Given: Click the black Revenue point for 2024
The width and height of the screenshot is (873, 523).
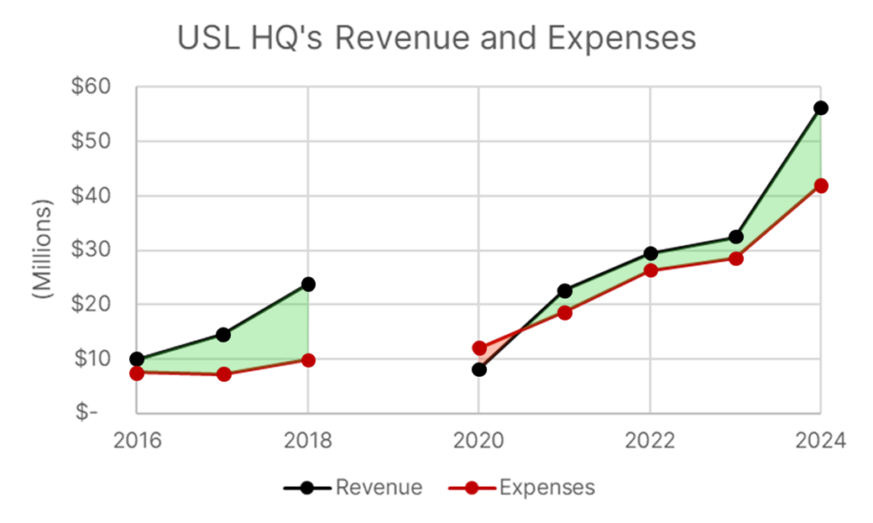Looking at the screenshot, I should point(820,108).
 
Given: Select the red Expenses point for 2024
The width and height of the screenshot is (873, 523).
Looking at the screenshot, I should point(820,186).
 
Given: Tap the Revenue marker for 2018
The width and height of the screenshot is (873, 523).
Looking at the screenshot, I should point(308,285).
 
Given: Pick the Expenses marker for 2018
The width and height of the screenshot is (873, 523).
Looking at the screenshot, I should point(308,360).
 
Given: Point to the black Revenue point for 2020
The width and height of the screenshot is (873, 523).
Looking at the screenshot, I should point(479,369).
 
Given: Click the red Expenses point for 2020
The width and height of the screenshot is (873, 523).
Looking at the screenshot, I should point(479,348).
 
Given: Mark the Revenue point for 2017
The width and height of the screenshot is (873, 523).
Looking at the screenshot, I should point(223,334).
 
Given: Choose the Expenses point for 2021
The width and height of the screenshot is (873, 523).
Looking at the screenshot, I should point(565,312).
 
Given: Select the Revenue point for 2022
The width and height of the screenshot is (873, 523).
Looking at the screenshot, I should point(651,254).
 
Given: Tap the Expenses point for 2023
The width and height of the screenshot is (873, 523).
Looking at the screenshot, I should point(735,259).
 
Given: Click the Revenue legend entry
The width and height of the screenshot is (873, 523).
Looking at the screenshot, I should point(353,487).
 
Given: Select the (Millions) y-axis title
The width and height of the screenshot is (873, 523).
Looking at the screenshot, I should point(43,249).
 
